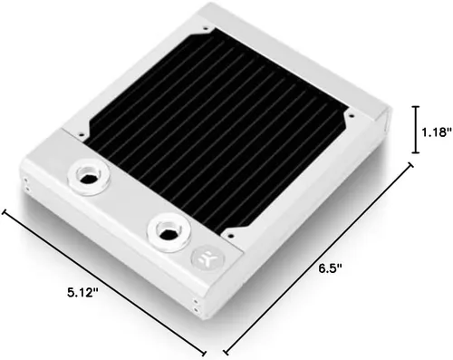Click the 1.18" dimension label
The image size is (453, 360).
(436, 132)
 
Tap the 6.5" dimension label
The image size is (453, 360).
(331, 268)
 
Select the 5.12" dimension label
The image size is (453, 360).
(82, 292)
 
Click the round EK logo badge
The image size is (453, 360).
(207, 258)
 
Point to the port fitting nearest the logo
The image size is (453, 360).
(169, 232)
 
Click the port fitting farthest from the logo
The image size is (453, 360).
(89, 176)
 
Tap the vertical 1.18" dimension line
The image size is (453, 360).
(416, 130)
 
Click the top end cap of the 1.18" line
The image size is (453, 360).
(416, 107)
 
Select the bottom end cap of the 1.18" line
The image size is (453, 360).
(416, 152)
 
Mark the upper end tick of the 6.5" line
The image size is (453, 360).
(410, 165)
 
